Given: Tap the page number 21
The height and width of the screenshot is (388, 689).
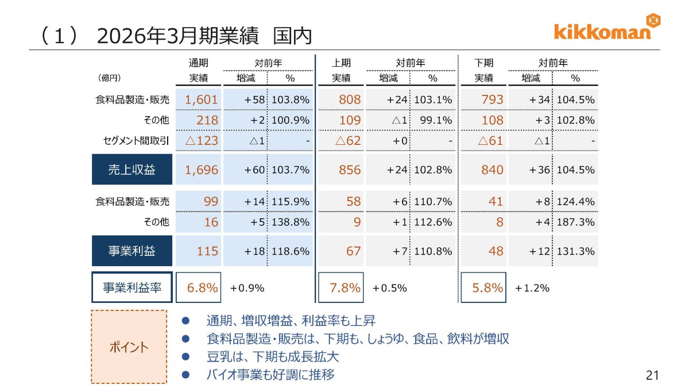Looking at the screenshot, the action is click(652, 375).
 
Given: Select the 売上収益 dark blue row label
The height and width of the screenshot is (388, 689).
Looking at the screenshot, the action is click(132, 170).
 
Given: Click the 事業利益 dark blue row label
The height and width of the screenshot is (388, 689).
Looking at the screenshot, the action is click(132, 251).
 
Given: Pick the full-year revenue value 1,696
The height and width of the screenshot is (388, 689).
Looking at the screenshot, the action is click(201, 170).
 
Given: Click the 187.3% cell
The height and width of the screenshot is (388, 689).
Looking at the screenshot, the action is click(575, 222).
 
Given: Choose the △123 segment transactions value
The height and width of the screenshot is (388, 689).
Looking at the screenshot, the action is click(202, 141).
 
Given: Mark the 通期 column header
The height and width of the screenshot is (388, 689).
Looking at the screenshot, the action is click(199, 63).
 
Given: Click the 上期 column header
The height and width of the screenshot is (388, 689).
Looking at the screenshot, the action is click(341, 63).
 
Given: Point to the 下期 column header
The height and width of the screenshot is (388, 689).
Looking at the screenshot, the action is click(483, 63).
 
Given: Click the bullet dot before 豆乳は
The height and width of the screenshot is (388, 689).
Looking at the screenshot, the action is click(185, 356).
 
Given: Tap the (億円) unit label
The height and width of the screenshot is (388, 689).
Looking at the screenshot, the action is click(109, 78).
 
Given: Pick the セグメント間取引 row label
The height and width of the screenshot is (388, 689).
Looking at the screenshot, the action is click(136, 141).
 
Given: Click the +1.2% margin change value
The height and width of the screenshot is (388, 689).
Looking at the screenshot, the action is click(532, 288).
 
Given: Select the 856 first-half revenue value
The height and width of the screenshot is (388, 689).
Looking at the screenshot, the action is click(350, 170).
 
